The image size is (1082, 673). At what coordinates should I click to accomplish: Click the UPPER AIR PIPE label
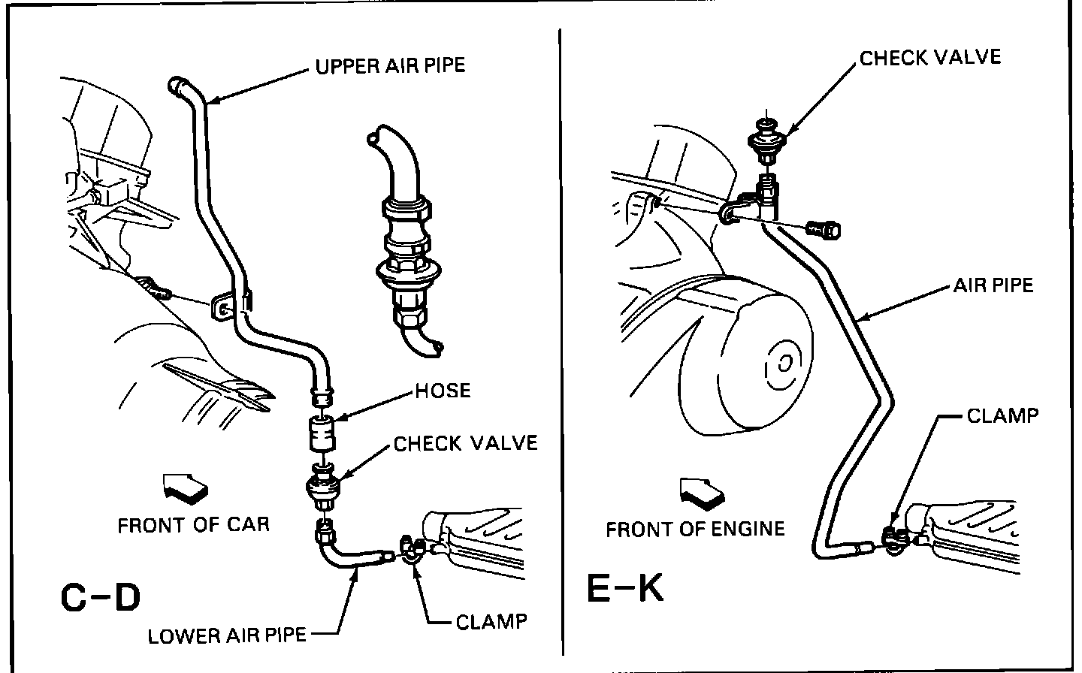390,65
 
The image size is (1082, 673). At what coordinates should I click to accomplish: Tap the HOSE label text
443,391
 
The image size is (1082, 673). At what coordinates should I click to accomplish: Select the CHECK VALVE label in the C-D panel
466,443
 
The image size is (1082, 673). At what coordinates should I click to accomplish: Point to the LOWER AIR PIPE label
227,635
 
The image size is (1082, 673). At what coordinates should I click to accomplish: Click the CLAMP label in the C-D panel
491,622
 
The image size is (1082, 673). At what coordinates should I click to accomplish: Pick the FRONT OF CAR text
193,524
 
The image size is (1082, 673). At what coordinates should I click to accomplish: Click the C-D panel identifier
100,598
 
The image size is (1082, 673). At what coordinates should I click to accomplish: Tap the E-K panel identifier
625,589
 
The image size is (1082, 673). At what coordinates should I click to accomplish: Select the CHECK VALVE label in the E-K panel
930,58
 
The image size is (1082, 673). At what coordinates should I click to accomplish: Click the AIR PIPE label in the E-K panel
993,285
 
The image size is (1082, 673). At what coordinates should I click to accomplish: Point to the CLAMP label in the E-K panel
1002,415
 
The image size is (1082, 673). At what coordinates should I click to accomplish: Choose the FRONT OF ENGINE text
695,529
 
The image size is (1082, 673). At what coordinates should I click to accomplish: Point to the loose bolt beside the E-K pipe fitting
825,230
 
